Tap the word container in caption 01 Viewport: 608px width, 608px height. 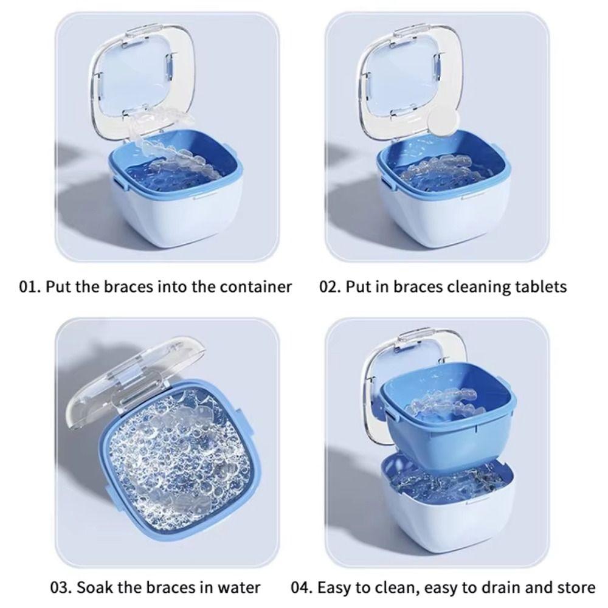click(256, 287)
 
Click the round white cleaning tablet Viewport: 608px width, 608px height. click(444, 122)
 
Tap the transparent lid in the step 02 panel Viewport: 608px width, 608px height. click(410, 81)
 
